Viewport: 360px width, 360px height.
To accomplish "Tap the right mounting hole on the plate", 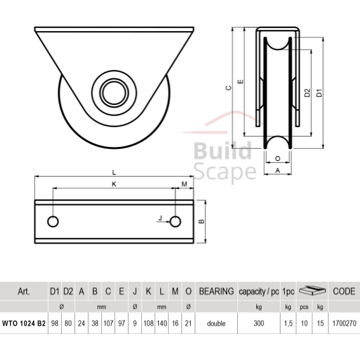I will (x=176, y=221).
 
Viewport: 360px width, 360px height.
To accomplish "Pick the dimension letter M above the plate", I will (x=184, y=184).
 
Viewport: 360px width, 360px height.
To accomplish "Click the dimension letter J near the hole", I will (x=160, y=218).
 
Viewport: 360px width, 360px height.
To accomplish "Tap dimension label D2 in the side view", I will (x=307, y=94).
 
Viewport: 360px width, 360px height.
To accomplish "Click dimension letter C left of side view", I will (x=228, y=89).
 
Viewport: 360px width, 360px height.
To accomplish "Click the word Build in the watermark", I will (x=221, y=151).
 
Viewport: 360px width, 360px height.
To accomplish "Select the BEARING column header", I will (x=216, y=291).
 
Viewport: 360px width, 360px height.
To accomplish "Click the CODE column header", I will (x=343, y=291).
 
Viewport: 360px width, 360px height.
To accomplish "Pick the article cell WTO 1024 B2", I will (x=24, y=323).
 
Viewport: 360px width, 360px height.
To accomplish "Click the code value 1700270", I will (x=343, y=323).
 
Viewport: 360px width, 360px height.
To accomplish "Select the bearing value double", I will (x=216, y=323).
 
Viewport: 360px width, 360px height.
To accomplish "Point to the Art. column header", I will (x=24, y=291).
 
